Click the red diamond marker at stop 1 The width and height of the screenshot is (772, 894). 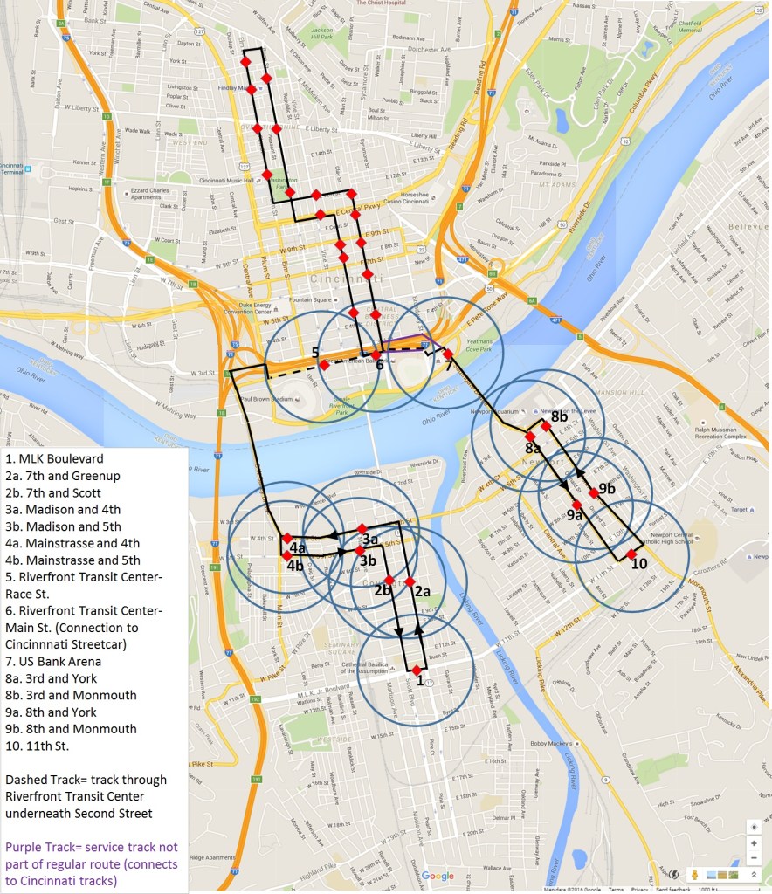click(x=417, y=669)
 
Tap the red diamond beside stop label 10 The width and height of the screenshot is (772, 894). click(x=631, y=554)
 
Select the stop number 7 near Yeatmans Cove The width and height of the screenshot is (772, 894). click(x=449, y=365)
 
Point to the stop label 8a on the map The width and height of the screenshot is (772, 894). click(x=533, y=448)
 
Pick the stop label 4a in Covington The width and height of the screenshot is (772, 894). click(x=298, y=548)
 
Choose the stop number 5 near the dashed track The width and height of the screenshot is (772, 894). click(x=314, y=352)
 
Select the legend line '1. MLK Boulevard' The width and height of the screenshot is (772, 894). click(x=54, y=458)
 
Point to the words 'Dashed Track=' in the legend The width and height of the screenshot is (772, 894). click(x=47, y=779)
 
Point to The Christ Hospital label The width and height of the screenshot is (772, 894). click(x=381, y=3)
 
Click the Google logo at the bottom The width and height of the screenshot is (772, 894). click(x=438, y=876)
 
